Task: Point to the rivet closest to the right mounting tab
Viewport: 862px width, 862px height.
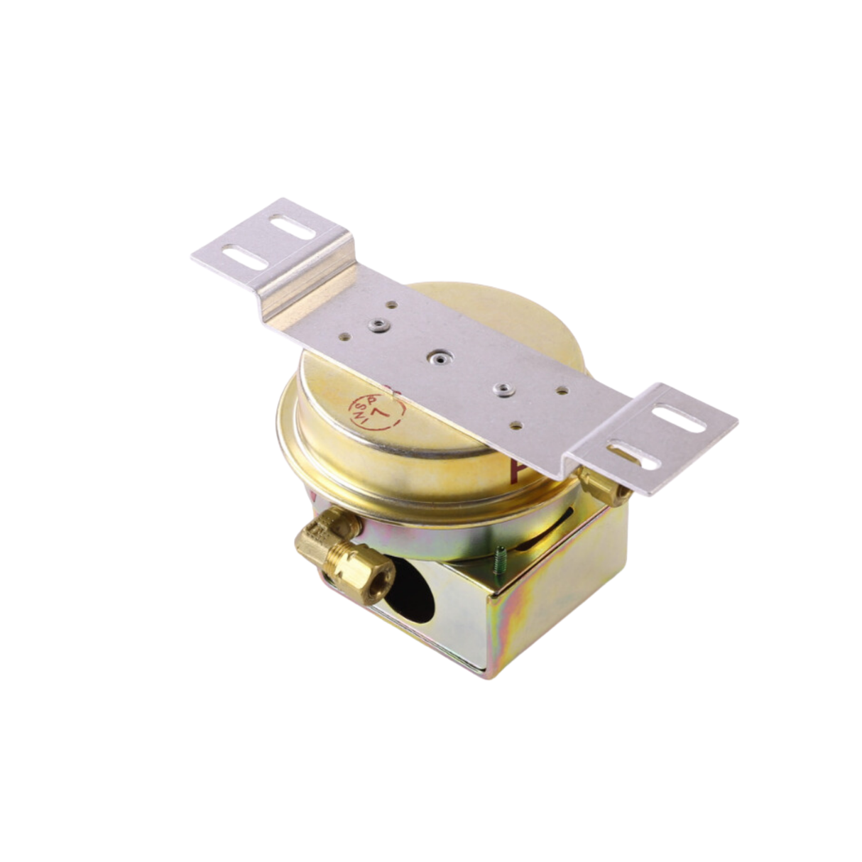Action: coord(503,389)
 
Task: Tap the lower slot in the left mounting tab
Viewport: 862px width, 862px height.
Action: coord(245,256)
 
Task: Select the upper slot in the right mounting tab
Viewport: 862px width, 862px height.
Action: coord(679,418)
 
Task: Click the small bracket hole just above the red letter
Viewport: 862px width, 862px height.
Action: coord(516,427)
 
